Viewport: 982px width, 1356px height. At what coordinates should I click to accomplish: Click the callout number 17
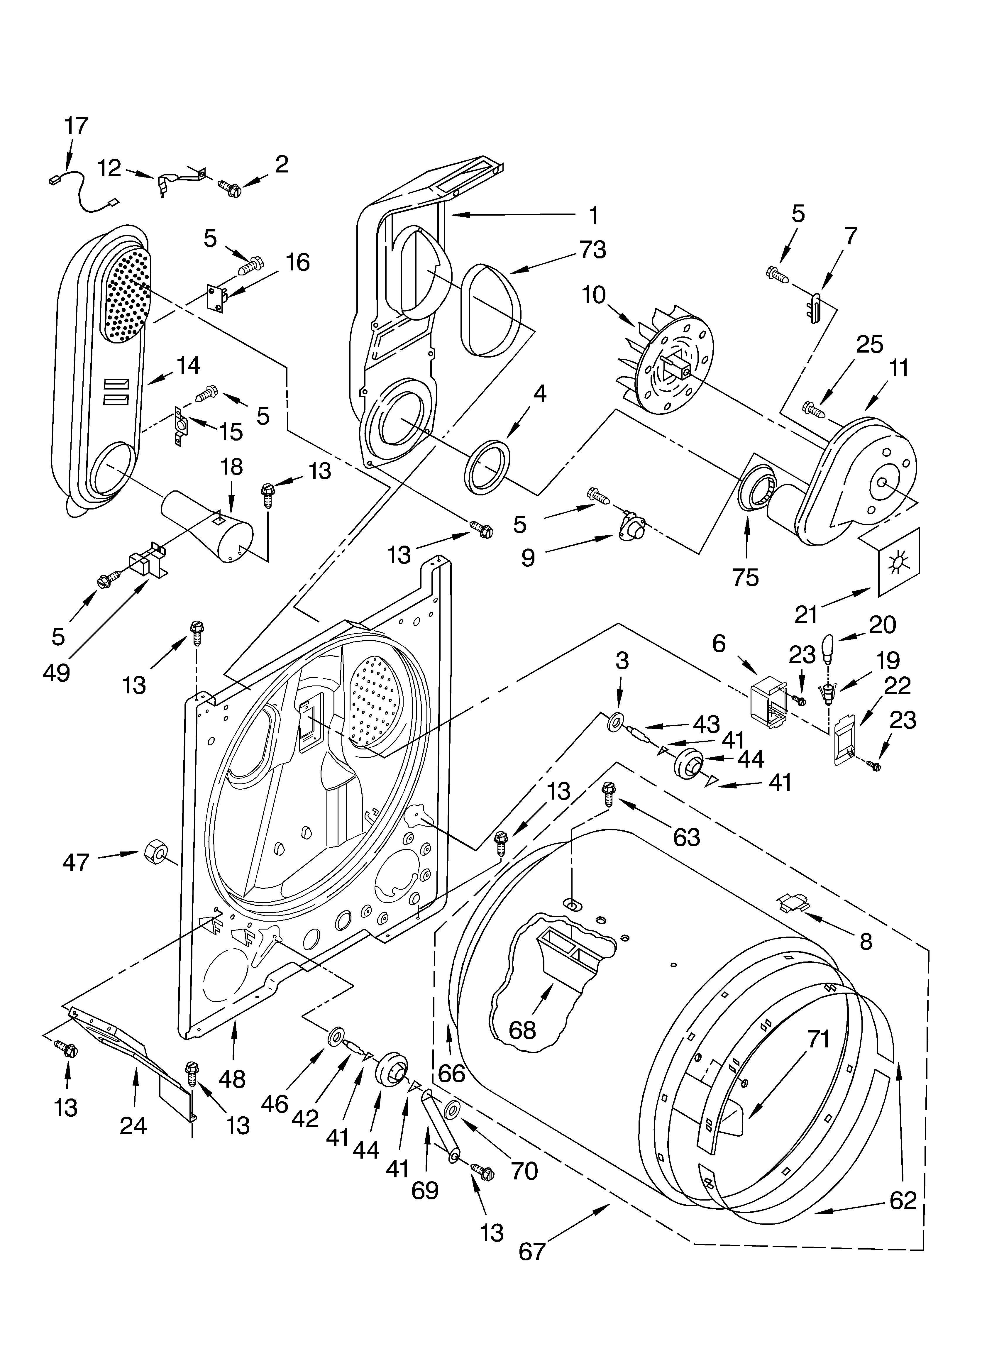point(76,126)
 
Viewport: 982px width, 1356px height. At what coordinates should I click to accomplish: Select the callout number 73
point(592,249)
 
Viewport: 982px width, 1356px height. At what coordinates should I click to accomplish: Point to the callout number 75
point(745,577)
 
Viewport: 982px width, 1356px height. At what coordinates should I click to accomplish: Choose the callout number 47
point(76,861)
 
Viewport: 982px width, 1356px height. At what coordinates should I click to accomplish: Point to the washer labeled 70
point(453,1110)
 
